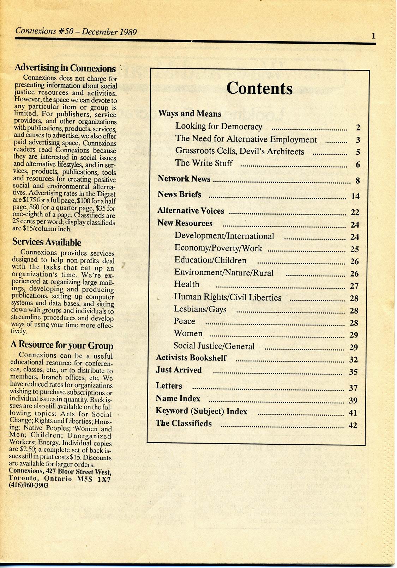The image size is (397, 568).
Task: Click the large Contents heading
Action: (259, 88)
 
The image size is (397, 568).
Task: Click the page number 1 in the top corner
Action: (373, 36)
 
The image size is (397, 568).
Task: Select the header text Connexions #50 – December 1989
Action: (76, 32)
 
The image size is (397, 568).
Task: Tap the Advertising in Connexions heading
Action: (65, 68)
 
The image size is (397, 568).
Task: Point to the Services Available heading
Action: (47, 242)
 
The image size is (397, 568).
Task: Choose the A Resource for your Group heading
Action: (62, 345)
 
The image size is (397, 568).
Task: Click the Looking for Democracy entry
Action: (219, 126)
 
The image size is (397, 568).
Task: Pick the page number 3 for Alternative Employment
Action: (358, 140)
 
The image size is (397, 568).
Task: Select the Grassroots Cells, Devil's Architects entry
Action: (240, 152)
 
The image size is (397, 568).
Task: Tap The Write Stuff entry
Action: (204, 163)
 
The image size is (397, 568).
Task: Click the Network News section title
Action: (184, 179)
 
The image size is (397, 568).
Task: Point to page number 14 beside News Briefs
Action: (355, 196)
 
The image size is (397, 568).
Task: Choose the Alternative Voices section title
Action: (191, 211)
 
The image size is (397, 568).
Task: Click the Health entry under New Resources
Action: (187, 284)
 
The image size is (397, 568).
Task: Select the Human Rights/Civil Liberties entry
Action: (228, 297)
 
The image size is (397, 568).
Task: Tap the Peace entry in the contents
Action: (184, 321)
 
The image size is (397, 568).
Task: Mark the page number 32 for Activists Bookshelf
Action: (353, 360)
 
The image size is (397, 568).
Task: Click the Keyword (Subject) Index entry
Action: (201, 411)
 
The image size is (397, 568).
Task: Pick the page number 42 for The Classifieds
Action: (353, 425)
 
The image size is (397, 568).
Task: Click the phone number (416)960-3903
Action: (29, 485)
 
